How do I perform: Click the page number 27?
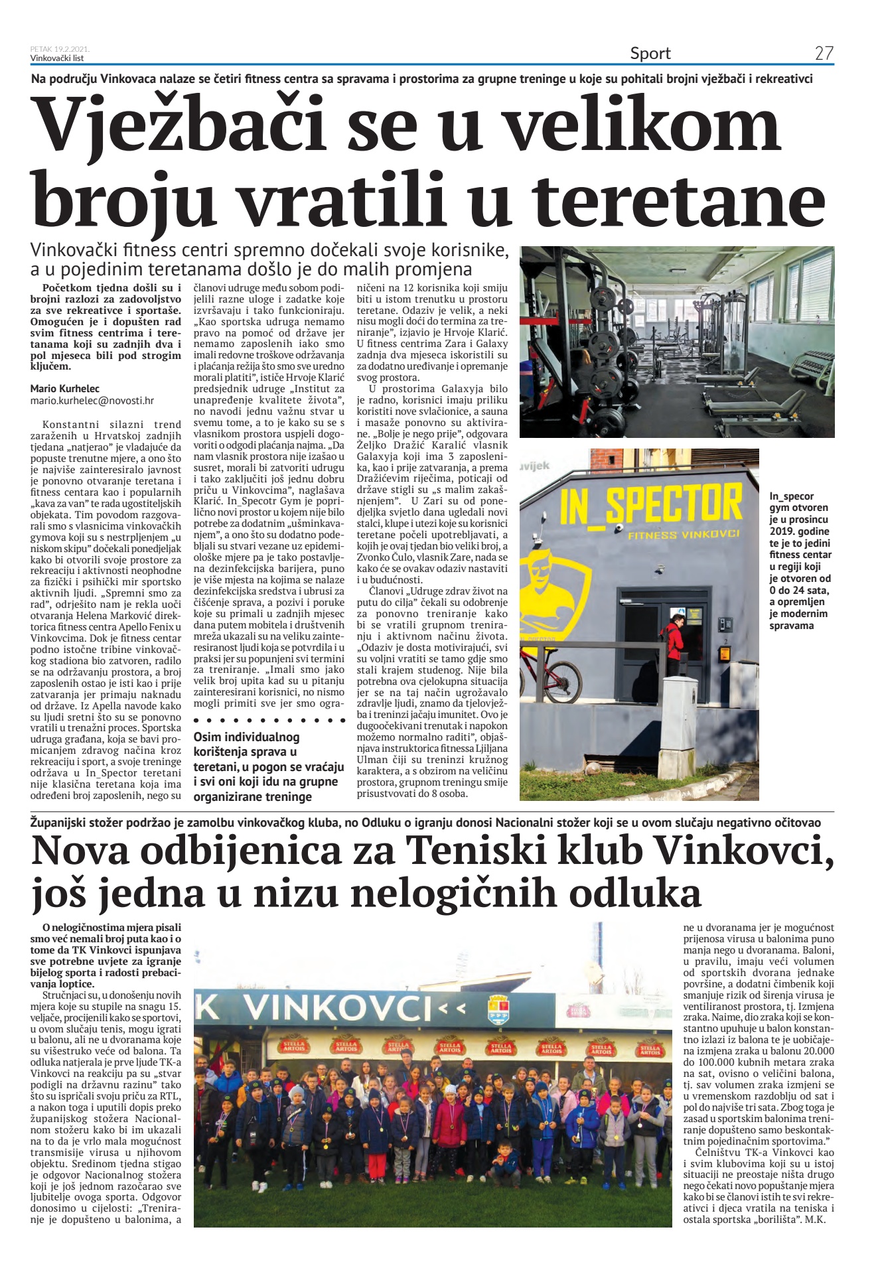[x=824, y=54]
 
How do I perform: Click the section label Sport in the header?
[x=650, y=54]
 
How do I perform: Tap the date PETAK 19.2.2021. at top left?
[x=60, y=49]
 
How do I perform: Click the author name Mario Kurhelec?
[x=65, y=389]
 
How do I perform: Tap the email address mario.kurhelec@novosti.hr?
[x=92, y=401]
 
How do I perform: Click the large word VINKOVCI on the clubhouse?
[x=338, y=1008]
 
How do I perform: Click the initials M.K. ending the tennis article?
[x=814, y=1218]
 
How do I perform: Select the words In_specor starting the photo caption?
[x=791, y=496]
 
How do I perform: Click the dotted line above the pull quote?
[x=269, y=720]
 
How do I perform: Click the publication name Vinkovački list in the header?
[x=57, y=58]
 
